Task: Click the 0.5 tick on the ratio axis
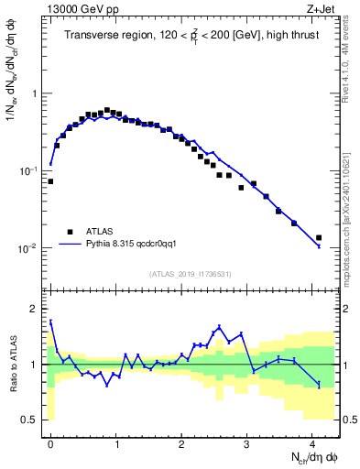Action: (31, 420)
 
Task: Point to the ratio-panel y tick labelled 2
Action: (35, 309)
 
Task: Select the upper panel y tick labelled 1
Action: (35, 93)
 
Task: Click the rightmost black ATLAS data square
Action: (319, 238)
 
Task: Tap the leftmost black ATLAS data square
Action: (50, 181)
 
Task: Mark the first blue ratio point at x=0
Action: (50, 321)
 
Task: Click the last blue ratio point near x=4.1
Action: (319, 385)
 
